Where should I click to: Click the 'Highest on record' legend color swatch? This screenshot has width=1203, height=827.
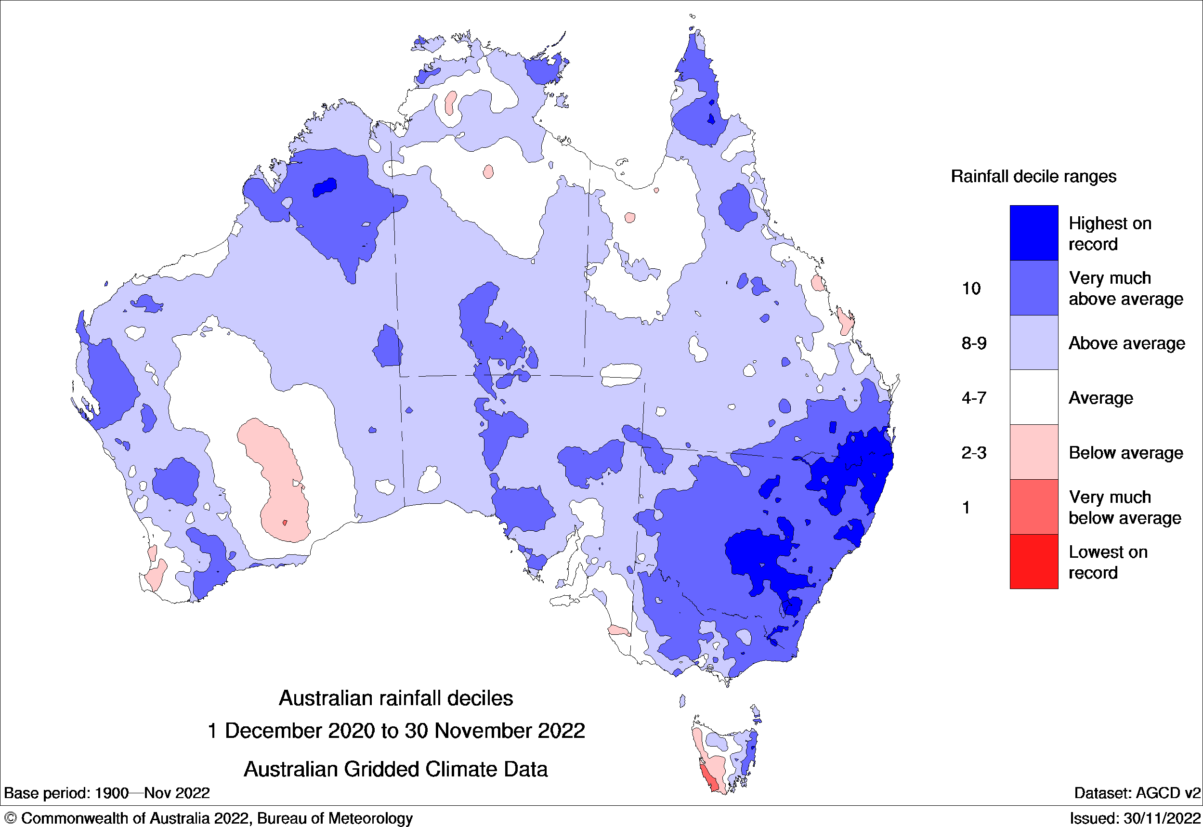point(1033,233)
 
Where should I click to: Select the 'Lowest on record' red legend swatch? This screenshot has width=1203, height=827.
point(1033,561)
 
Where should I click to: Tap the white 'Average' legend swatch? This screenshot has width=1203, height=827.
point(1033,397)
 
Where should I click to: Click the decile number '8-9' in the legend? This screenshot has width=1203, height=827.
point(973,343)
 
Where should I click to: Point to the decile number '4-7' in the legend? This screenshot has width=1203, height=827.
point(973,398)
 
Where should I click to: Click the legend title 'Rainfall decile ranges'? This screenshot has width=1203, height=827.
point(1033,177)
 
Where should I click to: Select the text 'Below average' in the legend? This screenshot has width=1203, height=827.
point(1125,453)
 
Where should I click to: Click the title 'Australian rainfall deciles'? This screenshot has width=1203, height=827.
point(396,698)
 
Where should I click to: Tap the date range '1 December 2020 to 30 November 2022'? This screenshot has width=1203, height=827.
point(396,731)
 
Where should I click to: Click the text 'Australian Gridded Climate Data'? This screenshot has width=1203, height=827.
point(396,770)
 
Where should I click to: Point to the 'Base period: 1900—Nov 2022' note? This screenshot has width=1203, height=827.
point(107,793)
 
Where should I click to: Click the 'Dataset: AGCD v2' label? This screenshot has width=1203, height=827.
point(1137,793)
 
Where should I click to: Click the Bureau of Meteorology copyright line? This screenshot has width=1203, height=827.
point(207,818)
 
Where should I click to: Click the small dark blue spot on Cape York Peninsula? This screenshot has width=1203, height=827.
point(711,118)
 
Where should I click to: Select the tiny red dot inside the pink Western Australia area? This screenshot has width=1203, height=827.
point(285,523)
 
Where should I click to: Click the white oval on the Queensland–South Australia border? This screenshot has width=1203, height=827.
point(621,374)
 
